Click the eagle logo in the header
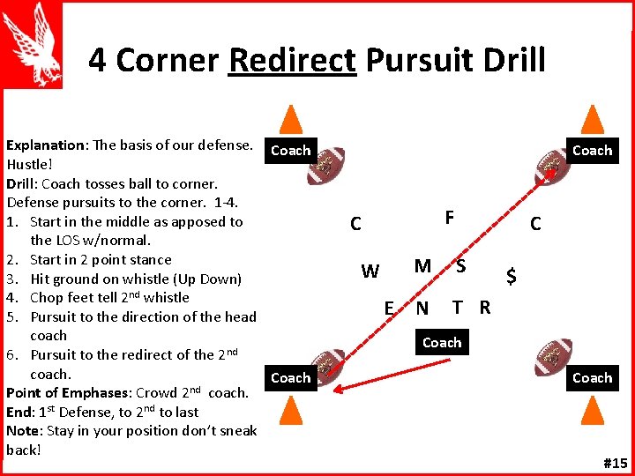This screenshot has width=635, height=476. point(33,44)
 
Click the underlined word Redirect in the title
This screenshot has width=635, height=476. point(291,60)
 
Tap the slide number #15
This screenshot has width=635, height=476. point(614,463)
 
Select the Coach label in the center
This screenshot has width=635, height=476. point(442,343)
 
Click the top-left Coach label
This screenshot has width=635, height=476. point(290,151)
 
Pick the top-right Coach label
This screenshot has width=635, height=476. point(592,151)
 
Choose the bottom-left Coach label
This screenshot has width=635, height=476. point(290,378)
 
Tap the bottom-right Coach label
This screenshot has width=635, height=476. point(592,378)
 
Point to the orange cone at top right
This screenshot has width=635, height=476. point(594,121)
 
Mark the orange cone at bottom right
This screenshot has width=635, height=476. point(594,410)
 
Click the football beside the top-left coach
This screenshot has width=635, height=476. point(326,166)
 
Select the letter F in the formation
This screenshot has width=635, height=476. point(450,217)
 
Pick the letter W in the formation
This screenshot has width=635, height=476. point(370,271)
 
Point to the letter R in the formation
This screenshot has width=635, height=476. point(484,308)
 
